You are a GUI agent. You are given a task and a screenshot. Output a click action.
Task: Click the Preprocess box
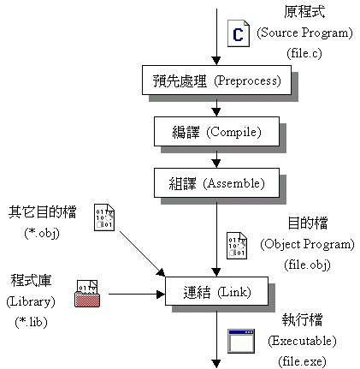tap(216, 80)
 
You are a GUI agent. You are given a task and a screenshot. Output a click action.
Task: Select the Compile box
tap(216, 131)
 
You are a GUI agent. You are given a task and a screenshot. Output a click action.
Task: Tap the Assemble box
tap(216, 182)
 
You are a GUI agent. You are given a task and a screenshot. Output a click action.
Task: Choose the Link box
tap(216, 291)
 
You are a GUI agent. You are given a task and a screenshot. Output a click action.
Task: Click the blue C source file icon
tap(239, 33)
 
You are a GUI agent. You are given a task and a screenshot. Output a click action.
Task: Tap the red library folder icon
tap(87, 294)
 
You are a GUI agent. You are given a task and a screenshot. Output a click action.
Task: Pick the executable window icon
tap(241, 341)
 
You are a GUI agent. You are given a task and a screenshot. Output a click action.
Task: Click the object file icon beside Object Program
tap(237, 246)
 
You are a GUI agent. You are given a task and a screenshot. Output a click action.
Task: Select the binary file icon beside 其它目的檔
tap(104, 217)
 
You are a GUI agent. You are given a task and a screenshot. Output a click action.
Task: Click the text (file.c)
tap(304, 53)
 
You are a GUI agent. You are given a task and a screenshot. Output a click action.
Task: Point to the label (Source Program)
tap(304, 33)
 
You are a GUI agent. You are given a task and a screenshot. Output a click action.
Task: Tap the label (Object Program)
tap(307, 244)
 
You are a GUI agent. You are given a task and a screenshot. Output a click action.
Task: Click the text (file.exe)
tap(302, 361)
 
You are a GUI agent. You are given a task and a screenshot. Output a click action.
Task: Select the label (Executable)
tap(302, 341)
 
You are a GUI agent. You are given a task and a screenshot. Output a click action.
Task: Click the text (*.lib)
tap(31, 322)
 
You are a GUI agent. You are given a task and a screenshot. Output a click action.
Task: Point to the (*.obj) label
tap(42, 233)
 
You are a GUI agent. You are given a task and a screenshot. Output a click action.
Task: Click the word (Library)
tap(31, 301)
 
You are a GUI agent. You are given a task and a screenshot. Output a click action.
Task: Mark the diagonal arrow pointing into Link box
tap(143, 253)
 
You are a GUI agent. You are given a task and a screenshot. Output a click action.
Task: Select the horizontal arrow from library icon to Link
tap(137, 294)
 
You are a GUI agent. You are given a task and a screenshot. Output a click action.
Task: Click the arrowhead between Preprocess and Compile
tap(216, 112)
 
